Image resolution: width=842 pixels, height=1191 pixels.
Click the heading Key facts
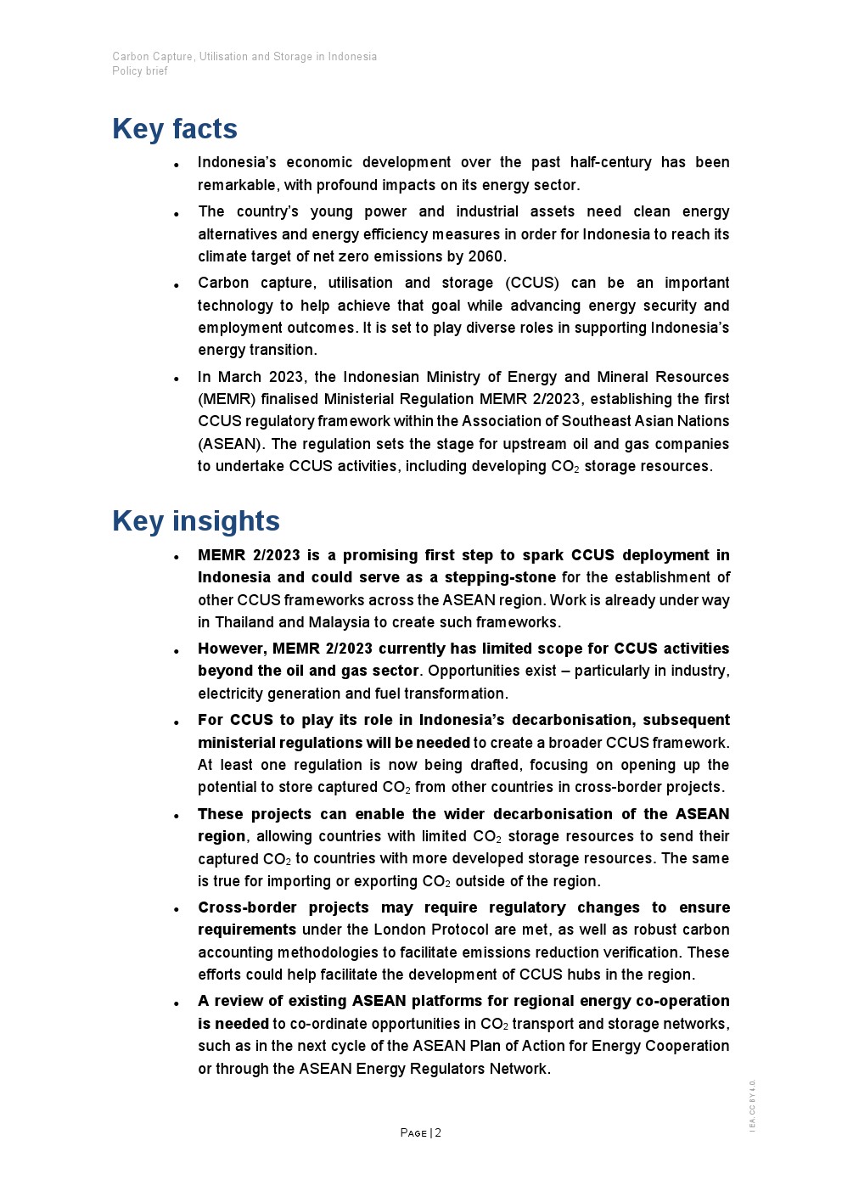tap(175, 129)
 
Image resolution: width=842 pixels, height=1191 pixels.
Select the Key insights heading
tap(196, 521)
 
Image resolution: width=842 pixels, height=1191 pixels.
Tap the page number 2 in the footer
tap(438, 1132)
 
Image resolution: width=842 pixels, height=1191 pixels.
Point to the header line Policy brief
tap(140, 71)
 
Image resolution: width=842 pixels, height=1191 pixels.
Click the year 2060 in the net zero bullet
tap(486, 256)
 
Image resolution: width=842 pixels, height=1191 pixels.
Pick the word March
tap(239, 377)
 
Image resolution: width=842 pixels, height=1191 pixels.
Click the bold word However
tap(232, 649)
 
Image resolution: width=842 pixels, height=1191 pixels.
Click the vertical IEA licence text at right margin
tap(752, 1105)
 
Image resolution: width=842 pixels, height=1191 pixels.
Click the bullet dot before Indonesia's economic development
tap(176, 165)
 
